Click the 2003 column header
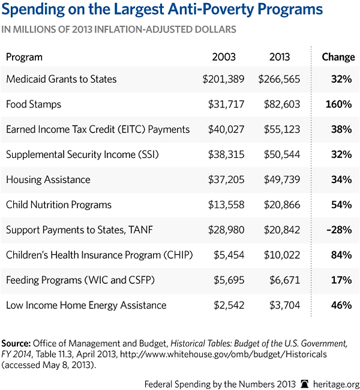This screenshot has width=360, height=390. [x=224, y=57]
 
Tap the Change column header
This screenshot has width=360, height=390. [x=338, y=57]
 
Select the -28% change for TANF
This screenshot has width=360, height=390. [x=340, y=230]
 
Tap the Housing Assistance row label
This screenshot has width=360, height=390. [x=48, y=179]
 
